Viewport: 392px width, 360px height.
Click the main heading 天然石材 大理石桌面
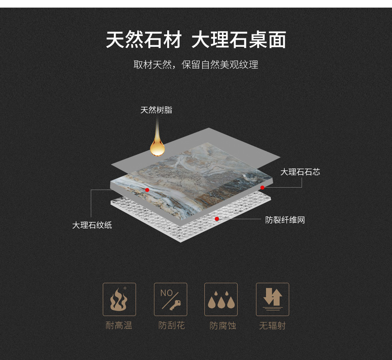tap(196, 40)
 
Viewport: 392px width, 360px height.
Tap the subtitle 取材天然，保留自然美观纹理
tap(196, 65)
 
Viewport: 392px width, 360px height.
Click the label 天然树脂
tap(156, 110)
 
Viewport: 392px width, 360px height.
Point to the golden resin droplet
tap(157, 148)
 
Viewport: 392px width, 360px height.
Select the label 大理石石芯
tap(300, 172)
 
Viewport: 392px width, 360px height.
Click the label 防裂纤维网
tap(285, 220)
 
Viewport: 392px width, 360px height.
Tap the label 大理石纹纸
tap(92, 225)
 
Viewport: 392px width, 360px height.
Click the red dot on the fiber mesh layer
tap(217, 219)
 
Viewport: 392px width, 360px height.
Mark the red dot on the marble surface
tap(147, 190)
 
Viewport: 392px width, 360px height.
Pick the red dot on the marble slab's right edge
tap(262, 188)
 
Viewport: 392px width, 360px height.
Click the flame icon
tap(119, 299)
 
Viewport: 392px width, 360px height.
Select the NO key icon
tap(170, 299)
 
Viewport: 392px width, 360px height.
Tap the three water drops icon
tap(221, 299)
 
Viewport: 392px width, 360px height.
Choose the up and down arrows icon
tap(272, 299)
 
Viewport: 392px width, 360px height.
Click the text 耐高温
tap(119, 326)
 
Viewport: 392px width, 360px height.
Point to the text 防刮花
tap(172, 326)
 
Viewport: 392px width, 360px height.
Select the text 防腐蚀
tap(223, 326)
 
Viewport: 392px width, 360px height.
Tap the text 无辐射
tap(272, 326)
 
